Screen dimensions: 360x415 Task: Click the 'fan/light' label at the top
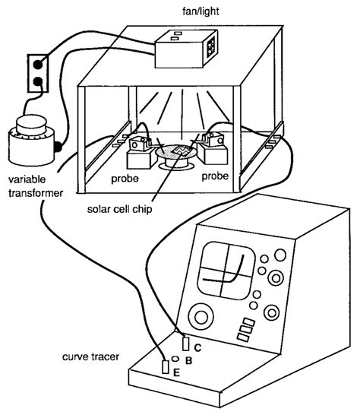pyautogui.click(x=201, y=11)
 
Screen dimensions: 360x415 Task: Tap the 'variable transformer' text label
pyautogui.click(x=36, y=186)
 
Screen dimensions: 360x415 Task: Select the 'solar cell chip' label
pyautogui.click(x=119, y=209)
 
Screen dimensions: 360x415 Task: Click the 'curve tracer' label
pyautogui.click(x=90, y=356)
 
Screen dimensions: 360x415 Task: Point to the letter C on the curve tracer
pyautogui.click(x=197, y=347)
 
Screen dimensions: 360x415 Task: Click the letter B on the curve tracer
pyautogui.click(x=188, y=360)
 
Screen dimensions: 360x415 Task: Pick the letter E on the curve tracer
pyautogui.click(x=176, y=372)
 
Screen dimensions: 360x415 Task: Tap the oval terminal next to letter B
pyautogui.click(x=175, y=359)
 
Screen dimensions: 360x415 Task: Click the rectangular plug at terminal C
pyautogui.click(x=186, y=344)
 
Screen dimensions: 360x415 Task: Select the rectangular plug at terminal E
pyautogui.click(x=166, y=367)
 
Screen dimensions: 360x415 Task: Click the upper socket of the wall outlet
pyautogui.click(x=37, y=64)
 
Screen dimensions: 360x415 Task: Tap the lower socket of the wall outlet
pyautogui.click(x=38, y=81)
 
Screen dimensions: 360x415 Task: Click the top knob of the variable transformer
pyautogui.click(x=31, y=125)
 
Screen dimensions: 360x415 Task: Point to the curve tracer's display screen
pyautogui.click(x=226, y=271)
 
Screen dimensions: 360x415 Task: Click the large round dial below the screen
pyautogui.click(x=201, y=317)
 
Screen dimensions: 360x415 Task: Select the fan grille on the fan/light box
pyautogui.click(x=211, y=47)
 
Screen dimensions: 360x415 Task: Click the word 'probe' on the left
pyautogui.click(x=125, y=179)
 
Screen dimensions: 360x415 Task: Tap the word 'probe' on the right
pyautogui.click(x=215, y=176)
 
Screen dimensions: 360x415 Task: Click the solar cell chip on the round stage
pyautogui.click(x=182, y=150)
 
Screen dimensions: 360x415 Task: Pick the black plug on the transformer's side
pyautogui.click(x=58, y=147)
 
